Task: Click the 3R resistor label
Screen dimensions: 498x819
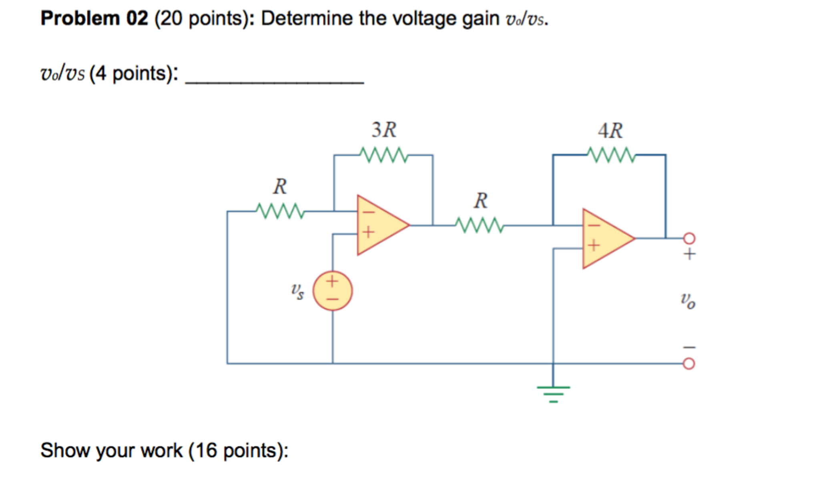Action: click(383, 130)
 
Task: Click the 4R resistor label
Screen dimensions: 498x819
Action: click(610, 131)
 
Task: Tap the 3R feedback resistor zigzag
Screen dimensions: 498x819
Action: click(383, 155)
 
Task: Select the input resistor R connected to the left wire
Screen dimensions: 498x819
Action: click(280, 211)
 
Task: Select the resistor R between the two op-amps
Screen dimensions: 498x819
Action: click(479, 225)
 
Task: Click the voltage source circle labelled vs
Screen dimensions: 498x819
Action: click(332, 291)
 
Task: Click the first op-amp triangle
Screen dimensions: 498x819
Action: click(378, 225)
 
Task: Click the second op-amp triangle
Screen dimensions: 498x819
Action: click(604, 238)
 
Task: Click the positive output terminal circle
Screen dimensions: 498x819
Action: click(689, 238)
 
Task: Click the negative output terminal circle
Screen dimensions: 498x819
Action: click(689, 364)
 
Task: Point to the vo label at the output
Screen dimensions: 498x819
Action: click(688, 300)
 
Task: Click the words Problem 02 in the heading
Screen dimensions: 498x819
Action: click(94, 18)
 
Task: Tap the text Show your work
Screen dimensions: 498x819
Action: click(111, 450)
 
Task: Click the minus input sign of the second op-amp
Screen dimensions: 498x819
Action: click(594, 226)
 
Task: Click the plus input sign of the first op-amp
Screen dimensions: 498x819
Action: click(368, 232)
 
